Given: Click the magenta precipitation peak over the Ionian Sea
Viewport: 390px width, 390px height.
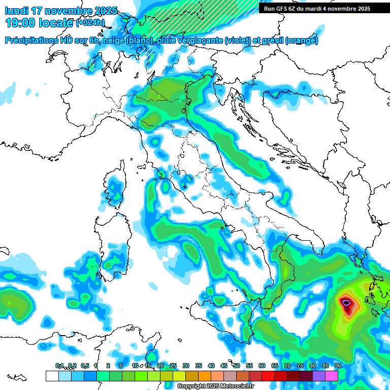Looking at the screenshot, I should (x=346, y=303).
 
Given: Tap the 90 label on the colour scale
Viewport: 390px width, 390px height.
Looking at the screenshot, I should (x=338, y=366).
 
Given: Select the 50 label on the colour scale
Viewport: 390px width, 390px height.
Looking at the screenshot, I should (x=237, y=366).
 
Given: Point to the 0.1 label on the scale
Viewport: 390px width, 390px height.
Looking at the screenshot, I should (x=59, y=366).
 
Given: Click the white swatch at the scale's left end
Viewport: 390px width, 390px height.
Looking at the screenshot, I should (x=52, y=376).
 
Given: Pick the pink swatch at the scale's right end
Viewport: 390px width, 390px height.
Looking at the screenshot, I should (x=332, y=376).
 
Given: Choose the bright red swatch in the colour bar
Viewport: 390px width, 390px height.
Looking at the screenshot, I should (x=268, y=376).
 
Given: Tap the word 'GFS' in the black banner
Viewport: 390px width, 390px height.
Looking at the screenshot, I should (x=281, y=9).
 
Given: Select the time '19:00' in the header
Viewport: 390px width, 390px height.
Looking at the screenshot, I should (x=19, y=23).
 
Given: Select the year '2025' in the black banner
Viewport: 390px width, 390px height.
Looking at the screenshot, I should (x=362, y=9).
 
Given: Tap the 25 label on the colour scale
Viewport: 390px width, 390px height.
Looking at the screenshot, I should (x=173, y=366).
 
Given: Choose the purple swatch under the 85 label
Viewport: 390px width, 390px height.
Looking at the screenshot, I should (x=319, y=376).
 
